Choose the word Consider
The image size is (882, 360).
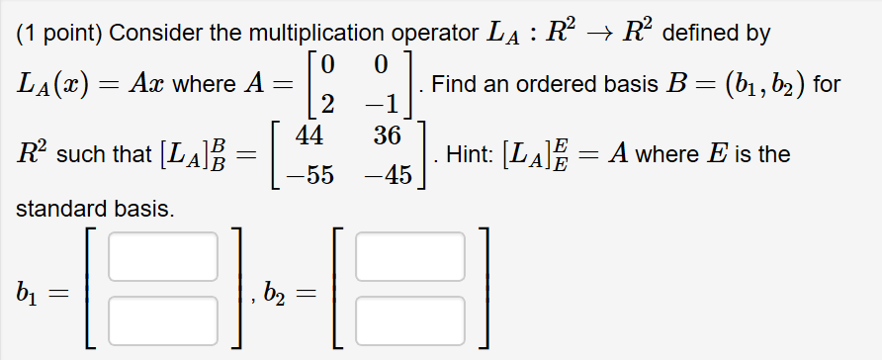(149, 33)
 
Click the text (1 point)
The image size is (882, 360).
(59, 33)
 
